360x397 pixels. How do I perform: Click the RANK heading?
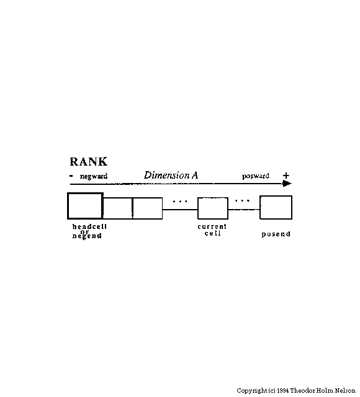[x=88, y=161]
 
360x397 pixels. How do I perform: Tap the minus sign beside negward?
[x=71, y=176]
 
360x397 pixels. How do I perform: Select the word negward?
[x=94, y=176]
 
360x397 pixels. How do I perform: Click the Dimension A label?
[x=171, y=175]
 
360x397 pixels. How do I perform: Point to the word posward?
[x=255, y=176]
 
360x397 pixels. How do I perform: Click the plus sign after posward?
[x=286, y=176]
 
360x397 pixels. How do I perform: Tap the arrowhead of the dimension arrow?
[x=287, y=184]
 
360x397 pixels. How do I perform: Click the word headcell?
[x=89, y=226]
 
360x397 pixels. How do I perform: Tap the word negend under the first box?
[x=87, y=236]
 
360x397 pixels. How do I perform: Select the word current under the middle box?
[x=212, y=226]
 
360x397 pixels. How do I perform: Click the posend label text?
[x=276, y=234]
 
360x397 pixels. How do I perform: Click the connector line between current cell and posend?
[x=244, y=210]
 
